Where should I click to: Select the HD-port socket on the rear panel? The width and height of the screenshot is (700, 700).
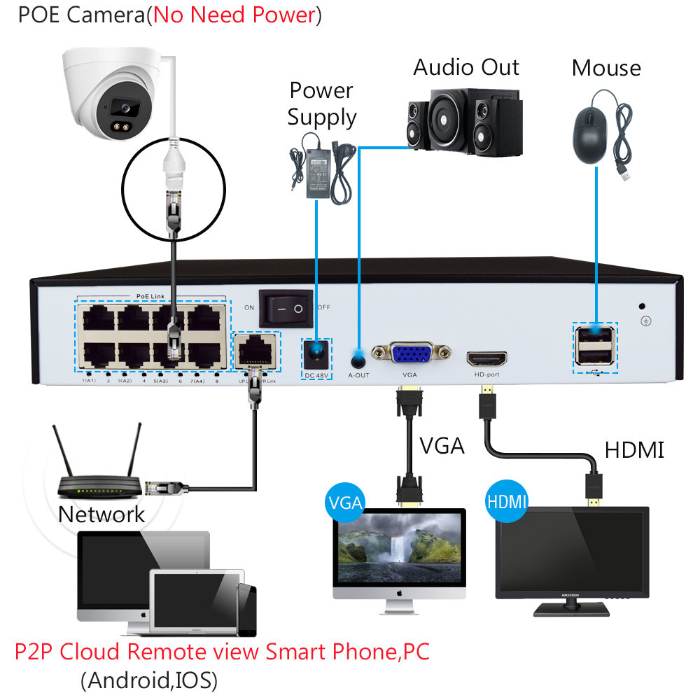486,358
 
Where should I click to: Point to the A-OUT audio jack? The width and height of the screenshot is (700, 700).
358,361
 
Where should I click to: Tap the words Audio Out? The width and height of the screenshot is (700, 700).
466,67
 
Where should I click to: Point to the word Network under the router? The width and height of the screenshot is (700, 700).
101,514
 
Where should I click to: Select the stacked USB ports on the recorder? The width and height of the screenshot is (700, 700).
594,346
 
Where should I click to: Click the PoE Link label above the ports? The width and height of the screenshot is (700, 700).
152,297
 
